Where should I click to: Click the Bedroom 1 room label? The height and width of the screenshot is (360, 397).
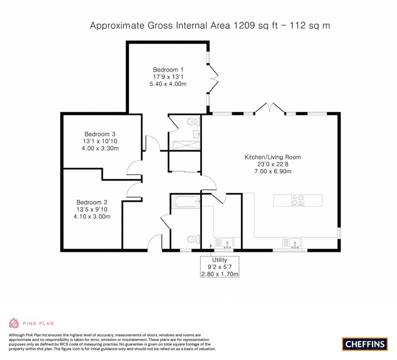(x=168, y=70)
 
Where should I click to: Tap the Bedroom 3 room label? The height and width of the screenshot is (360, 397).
(x=100, y=134)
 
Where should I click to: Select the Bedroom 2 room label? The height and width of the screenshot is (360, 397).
(x=92, y=202)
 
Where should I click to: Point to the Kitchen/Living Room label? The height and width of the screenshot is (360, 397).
(x=273, y=157)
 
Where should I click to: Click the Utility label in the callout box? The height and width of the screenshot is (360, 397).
(x=219, y=260)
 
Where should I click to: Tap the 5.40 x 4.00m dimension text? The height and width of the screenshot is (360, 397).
(x=168, y=84)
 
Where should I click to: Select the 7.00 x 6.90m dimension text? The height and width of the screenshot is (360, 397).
(x=273, y=171)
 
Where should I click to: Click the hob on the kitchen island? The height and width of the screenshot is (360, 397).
(x=297, y=200)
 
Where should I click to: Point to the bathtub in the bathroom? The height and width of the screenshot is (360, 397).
(x=186, y=202)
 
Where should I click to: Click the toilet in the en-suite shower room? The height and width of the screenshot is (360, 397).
(x=194, y=122)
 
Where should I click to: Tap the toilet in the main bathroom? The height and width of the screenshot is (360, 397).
(x=194, y=239)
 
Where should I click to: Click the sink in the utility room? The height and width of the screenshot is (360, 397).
(x=228, y=243)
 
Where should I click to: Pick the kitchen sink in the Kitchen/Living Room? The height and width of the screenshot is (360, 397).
(x=292, y=243)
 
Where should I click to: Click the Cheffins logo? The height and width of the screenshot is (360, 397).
(x=365, y=344)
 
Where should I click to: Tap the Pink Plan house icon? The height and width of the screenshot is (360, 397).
(x=14, y=323)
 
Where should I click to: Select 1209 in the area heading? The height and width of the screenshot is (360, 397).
(x=244, y=26)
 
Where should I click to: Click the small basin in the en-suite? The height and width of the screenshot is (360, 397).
(x=197, y=134)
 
